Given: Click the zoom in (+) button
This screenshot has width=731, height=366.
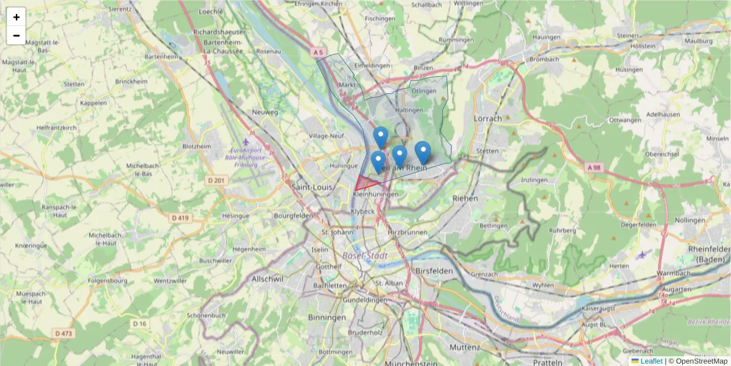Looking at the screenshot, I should coord(16,17).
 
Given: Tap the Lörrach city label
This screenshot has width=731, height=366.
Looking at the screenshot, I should coord(487,118).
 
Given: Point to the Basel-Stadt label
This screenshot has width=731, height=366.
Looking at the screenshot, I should coord(365,256).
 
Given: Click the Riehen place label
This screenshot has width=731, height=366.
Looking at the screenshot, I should coord(465,198).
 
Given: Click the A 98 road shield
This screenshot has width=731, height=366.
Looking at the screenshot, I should coord(594,167).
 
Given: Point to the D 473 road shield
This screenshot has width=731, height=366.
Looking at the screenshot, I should coord(63,333).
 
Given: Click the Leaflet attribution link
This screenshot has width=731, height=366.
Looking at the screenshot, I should coord(651,361).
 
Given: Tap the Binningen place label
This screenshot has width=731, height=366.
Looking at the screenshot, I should coord(327,317).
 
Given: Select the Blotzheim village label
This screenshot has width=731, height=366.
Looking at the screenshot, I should coord(197,146).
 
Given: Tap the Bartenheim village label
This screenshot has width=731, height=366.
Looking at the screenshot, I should coord(161,56).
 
